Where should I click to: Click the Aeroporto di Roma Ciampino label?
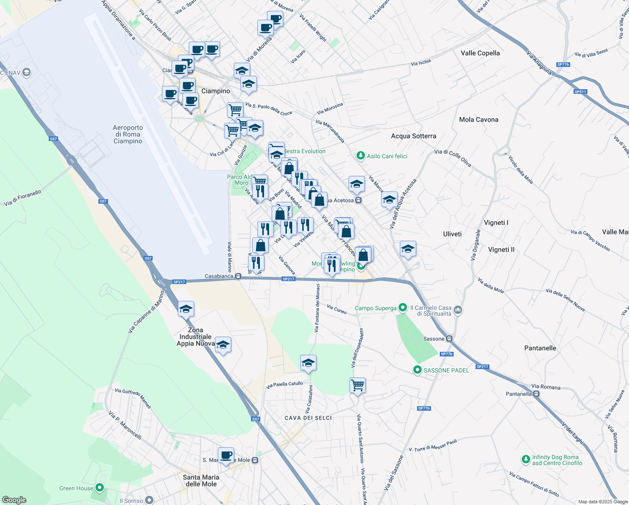pyautogui.click(x=128, y=134)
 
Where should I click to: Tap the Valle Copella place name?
pyautogui.click(x=480, y=53)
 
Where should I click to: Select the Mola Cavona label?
pyautogui.click(x=478, y=120)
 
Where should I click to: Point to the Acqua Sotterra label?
pyautogui.click(x=413, y=136)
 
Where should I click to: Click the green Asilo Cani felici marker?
pyautogui.click(x=360, y=156)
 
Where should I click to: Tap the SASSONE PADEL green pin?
pyautogui.click(x=417, y=370)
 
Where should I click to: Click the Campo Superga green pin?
pyautogui.click(x=403, y=308)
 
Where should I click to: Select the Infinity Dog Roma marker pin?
pyautogui.click(x=526, y=459)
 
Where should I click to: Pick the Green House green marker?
pyautogui.click(x=100, y=488)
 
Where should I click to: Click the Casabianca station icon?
pyautogui.click(x=238, y=276)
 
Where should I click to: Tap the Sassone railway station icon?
pyautogui.click(x=449, y=339)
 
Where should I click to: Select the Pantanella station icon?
pyautogui.click(x=536, y=394)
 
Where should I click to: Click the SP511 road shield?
pyautogui.click(x=580, y=92)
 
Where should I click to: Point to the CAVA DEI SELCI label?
pyautogui.click(x=308, y=418)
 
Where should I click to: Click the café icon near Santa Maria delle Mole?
pyautogui.click(x=226, y=455)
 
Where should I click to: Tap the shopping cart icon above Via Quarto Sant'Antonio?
pyautogui.click(x=357, y=385)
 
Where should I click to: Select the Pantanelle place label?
pyautogui.click(x=540, y=348)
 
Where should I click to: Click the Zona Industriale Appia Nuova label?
pyautogui.click(x=196, y=337)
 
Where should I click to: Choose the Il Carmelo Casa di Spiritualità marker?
pyautogui.click(x=458, y=311)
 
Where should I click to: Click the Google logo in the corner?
pyautogui.click(x=14, y=500)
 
